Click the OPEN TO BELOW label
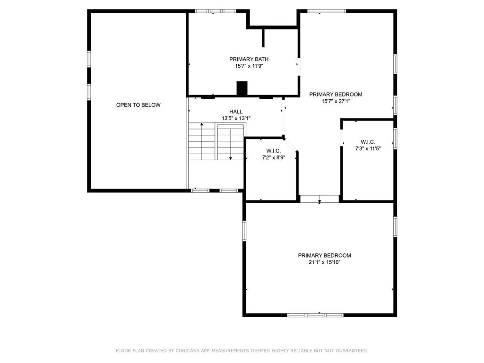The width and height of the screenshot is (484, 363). pos(138,105)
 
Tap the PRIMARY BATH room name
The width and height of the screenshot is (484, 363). pos(249,59)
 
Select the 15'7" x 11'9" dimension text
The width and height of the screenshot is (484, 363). pos(249,66)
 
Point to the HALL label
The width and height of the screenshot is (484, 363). pos(236,112)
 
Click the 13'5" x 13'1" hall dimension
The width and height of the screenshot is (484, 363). pos(236,118)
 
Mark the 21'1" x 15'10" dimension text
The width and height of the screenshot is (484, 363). pos(324,262)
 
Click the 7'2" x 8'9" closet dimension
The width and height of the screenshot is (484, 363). pos(273,157)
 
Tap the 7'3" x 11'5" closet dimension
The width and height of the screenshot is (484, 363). pos(368,148)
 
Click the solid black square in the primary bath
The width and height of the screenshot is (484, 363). pos(242,88)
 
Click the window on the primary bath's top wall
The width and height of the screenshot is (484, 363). pos(216,11)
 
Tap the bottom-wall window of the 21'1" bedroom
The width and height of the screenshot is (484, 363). pos(315,315)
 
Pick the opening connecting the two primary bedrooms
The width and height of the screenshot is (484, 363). pos(320,199)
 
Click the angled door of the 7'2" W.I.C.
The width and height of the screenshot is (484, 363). pos(290,145)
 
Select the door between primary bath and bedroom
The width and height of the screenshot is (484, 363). pos(298,66)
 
